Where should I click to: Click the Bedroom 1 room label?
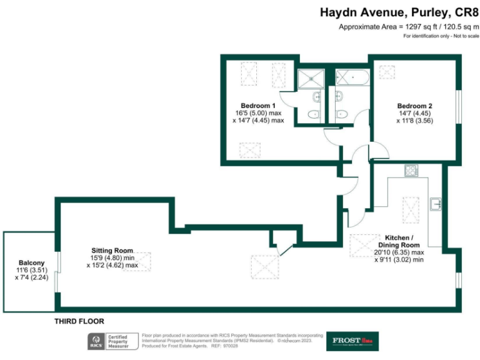tap(258, 105)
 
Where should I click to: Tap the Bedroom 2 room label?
tap(414, 106)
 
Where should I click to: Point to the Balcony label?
tap(31, 262)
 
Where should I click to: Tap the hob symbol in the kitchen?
tap(411, 170)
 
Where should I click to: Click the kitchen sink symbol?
tap(436, 204)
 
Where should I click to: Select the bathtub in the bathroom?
tap(352, 77)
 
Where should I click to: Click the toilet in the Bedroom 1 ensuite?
tap(314, 114)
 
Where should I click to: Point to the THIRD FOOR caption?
tap(79, 321)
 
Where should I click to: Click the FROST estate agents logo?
tap(352, 341)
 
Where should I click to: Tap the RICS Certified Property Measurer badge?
tap(112, 341)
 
